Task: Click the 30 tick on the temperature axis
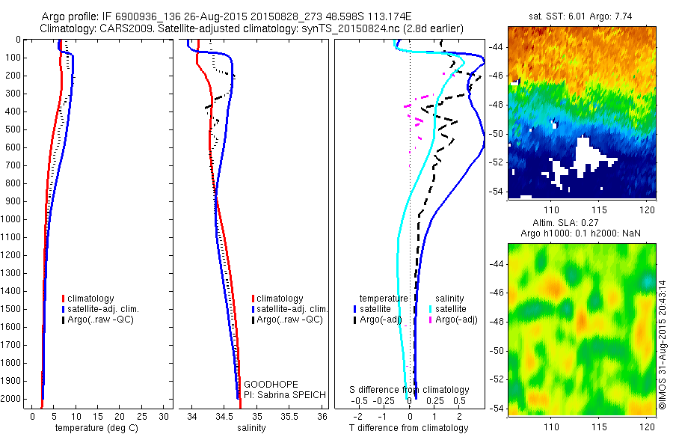[x=165, y=415]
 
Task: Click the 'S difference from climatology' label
[x=410, y=390]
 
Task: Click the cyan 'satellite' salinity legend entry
[x=451, y=308]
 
